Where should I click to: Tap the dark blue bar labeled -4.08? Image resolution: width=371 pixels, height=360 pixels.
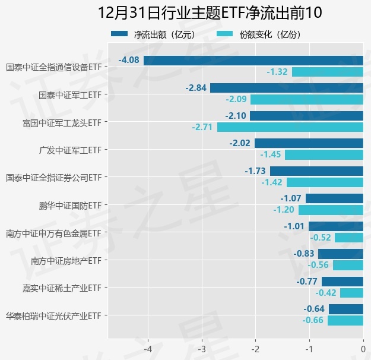tap(253, 60)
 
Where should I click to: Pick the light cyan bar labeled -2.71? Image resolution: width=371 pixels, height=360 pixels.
tap(290, 127)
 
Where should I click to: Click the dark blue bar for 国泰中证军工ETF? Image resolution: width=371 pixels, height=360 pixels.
tap(286, 88)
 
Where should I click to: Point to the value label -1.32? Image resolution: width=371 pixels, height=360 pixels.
tap(277, 72)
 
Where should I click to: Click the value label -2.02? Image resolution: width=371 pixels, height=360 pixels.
tap(240, 143)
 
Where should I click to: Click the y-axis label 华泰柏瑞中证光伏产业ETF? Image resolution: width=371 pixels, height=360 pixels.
tap(53, 315)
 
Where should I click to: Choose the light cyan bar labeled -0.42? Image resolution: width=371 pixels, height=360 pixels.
tap(351, 293)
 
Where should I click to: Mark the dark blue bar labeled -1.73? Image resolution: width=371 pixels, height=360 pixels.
tap(316, 171)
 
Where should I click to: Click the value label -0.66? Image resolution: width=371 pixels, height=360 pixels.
tap(312, 321)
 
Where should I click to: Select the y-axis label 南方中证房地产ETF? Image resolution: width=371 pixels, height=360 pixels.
tap(66, 260)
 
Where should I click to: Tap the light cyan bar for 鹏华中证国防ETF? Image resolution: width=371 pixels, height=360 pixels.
tap(331, 210)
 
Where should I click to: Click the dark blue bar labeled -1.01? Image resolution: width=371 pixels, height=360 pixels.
tap(336, 226)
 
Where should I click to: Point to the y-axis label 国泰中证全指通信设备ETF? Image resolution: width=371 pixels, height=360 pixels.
tap(53, 67)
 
